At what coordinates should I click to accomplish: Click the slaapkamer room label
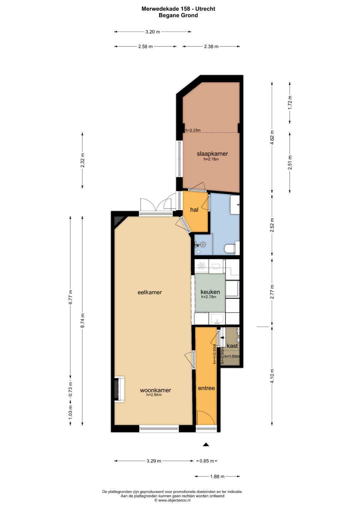pos(212,154)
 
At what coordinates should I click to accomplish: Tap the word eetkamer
pos(150,292)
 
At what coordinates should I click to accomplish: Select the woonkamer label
pos(155,390)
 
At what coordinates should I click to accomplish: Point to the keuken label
pos(210,292)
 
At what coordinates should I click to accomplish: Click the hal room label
pos(194,210)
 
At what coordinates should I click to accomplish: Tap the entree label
pos(206,388)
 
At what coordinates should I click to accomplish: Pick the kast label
pos(232,346)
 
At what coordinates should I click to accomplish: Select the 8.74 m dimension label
pos(83,320)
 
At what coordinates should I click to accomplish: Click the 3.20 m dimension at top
pos(153,32)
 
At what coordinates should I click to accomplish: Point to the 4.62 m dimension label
pos(272,137)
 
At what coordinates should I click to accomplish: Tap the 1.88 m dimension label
pos(217,476)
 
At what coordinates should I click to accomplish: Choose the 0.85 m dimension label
pos(207,461)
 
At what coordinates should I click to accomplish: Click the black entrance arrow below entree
pos(206,445)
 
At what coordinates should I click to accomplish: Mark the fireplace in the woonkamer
pos(119,390)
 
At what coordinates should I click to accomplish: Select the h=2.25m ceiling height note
pos(193,130)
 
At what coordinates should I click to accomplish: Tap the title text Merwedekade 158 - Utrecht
pos(178,9)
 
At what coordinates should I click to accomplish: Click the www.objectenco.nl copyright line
pos(173,500)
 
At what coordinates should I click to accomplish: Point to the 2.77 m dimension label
pos(272,292)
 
